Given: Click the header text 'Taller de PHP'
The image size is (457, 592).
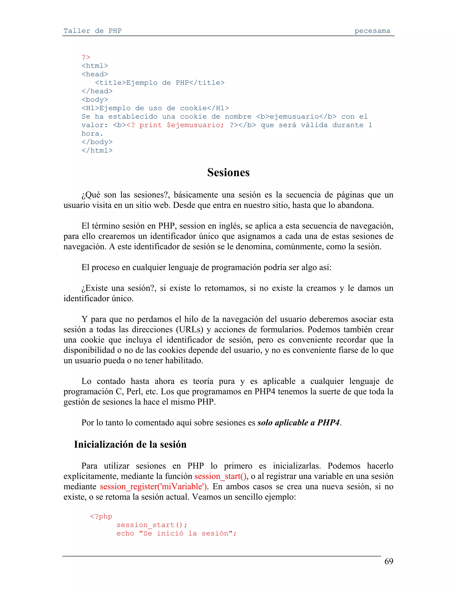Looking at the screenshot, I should click(92, 31).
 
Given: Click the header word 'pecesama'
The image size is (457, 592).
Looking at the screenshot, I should click(372, 31).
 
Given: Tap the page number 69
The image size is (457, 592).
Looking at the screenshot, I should click(389, 561).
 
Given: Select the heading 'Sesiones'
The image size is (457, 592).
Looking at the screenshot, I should click(228, 172).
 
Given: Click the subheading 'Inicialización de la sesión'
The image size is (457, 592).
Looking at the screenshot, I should click(130, 445).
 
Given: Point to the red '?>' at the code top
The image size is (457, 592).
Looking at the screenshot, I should click(86, 57).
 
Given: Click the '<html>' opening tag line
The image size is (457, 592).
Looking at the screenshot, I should click(95, 66).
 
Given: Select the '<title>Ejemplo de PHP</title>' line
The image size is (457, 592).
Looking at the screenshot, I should click(160, 83).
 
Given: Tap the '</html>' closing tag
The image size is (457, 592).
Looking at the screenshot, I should click(97, 150).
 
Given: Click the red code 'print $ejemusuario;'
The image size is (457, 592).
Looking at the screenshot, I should click(182, 125).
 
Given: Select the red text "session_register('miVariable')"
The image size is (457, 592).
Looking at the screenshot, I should click(153, 487).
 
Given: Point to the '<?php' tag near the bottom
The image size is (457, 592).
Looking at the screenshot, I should click(101, 516).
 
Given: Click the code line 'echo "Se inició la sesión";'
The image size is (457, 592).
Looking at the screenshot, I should click(177, 533).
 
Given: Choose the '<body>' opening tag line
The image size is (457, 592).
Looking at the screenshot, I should click(95, 99).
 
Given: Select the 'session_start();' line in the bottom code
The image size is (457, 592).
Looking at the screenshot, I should click(152, 525).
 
